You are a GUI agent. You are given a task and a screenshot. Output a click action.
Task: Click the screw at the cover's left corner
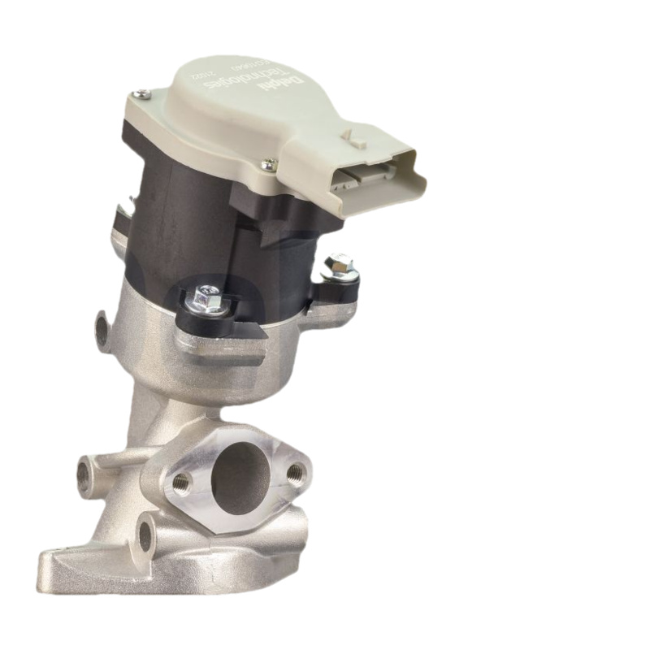[x=143, y=94]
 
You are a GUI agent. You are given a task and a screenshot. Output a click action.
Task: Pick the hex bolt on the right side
[x=339, y=265]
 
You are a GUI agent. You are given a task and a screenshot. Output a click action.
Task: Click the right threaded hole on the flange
[x=297, y=470]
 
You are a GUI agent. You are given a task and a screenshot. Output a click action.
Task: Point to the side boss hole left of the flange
[x=84, y=470]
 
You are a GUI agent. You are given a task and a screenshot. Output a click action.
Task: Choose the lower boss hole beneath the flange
[x=146, y=533]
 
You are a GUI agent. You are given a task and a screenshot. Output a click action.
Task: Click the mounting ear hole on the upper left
[x=102, y=328]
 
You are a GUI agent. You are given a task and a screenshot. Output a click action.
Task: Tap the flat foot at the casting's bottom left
[x=61, y=561]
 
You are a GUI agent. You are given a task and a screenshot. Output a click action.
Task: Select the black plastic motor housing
[x=187, y=219]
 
